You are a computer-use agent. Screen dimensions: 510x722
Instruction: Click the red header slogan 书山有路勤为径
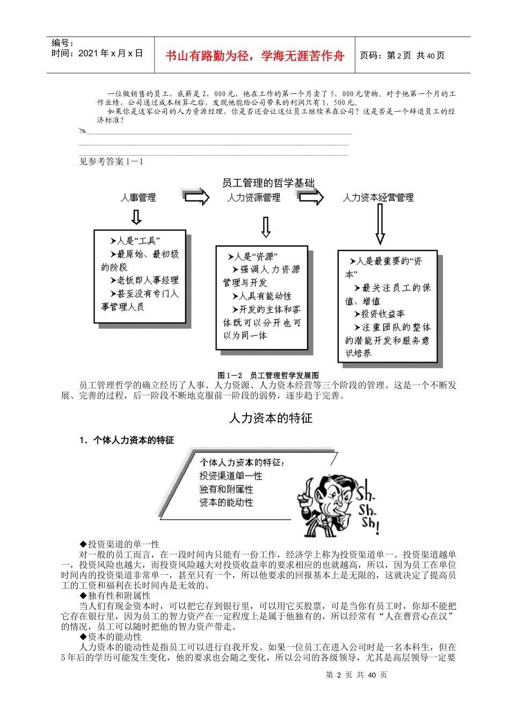(x=254, y=56)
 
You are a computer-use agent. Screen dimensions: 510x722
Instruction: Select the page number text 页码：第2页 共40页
(x=402, y=55)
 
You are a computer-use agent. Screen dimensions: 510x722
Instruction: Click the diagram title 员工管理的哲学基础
(x=268, y=183)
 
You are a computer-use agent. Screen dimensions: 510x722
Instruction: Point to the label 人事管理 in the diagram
(x=138, y=198)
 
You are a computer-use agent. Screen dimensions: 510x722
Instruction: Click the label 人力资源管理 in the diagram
(x=253, y=198)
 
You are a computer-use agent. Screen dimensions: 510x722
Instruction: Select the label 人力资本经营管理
(x=378, y=198)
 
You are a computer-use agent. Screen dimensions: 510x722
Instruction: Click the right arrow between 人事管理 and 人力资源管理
(x=196, y=197)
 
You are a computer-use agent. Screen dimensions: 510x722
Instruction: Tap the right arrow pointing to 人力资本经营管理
(x=311, y=197)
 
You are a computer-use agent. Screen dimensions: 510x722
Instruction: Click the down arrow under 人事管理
(x=136, y=217)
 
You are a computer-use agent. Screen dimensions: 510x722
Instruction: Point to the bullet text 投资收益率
(x=382, y=314)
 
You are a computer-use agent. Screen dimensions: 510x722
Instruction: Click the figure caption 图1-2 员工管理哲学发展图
(x=268, y=376)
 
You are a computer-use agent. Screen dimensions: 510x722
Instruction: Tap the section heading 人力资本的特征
(x=271, y=418)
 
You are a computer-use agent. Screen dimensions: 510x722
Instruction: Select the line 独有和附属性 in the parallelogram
(x=226, y=489)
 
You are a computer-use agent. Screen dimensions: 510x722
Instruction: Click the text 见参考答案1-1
(x=111, y=162)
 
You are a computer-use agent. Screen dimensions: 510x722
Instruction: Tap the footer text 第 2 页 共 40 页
(x=356, y=675)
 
